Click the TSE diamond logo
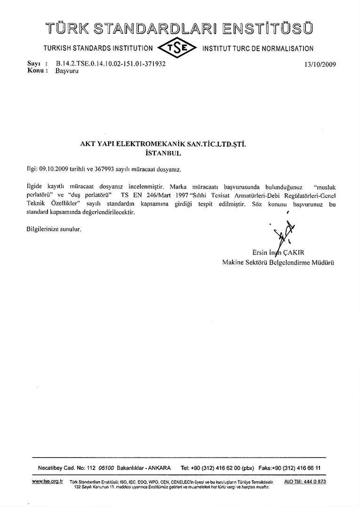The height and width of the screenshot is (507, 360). coord(178,48)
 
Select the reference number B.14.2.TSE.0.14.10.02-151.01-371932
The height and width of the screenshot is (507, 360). coord(111,63)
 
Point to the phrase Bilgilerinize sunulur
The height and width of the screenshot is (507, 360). coord(54,229)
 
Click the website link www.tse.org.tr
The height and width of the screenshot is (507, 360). coord(48,481)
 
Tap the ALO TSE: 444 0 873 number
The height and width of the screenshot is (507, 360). coord(305,481)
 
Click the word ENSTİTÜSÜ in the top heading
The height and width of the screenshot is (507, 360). coord(265,29)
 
